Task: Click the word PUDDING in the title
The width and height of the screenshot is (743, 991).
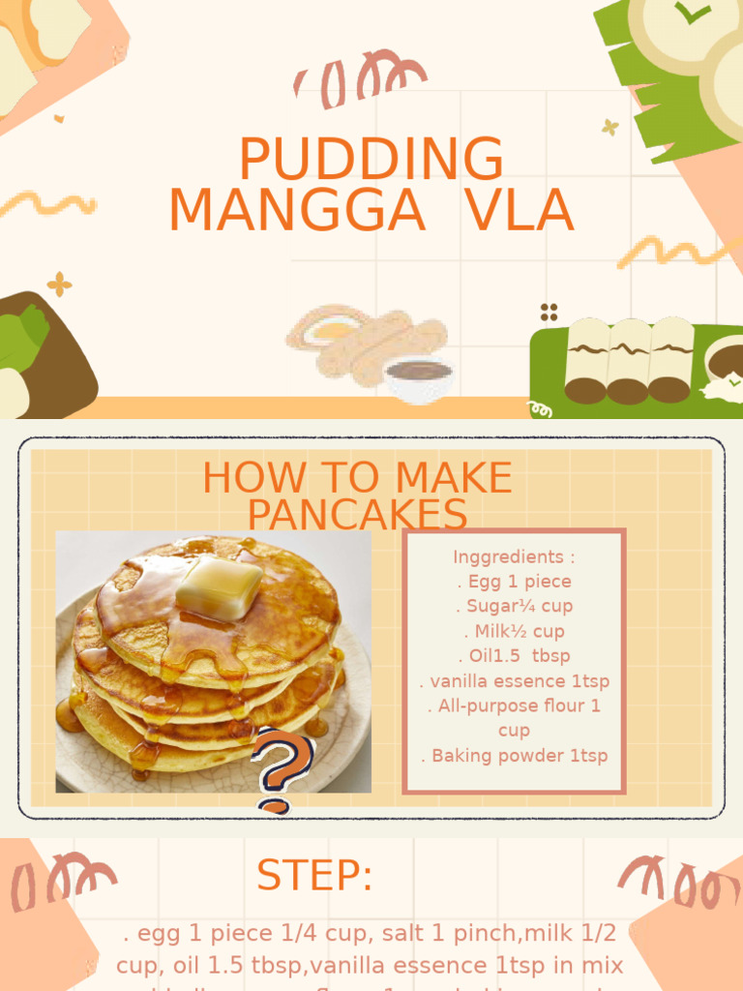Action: coord(371,160)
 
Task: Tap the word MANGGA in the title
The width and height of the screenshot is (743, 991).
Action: coord(297,211)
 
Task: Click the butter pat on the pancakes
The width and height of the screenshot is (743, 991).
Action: coord(219,586)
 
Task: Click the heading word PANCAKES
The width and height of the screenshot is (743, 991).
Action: coord(357,515)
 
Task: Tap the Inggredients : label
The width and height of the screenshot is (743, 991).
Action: coord(514,556)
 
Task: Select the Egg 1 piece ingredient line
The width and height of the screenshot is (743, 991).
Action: coord(514,582)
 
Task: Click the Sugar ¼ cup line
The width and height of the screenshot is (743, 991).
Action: coord(514,606)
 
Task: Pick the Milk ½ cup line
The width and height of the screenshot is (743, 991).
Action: coord(514,631)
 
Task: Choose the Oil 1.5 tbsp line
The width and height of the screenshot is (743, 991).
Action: coord(514,655)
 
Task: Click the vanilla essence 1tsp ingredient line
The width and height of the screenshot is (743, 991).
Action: coord(514,680)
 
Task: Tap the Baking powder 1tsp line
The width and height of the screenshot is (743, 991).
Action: coord(514,756)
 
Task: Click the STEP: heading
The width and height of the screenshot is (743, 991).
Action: coord(314,876)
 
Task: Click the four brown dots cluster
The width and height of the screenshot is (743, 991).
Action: coord(549,312)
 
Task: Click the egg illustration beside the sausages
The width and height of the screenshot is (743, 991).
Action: coord(328,330)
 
